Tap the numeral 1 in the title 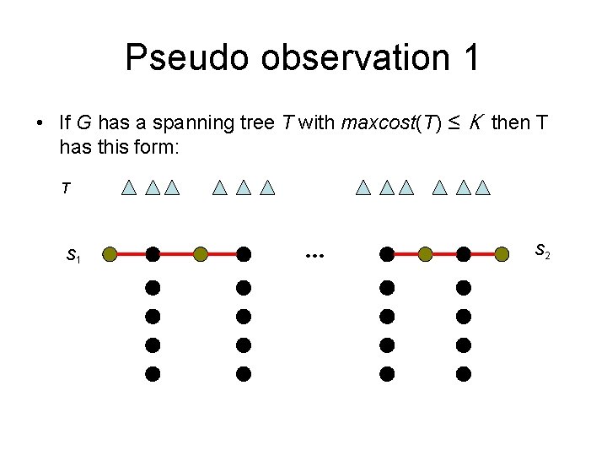click(x=470, y=58)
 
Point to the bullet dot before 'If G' click(x=40, y=123)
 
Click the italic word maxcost click(x=371, y=123)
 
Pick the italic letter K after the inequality click(x=475, y=123)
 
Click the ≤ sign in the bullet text click(x=454, y=123)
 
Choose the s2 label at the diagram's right click(x=543, y=250)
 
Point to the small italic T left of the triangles click(x=65, y=189)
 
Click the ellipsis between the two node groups click(x=315, y=253)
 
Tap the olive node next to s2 click(x=502, y=252)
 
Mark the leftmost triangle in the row click(x=128, y=187)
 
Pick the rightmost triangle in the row click(x=482, y=187)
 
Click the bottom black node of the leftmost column click(x=153, y=372)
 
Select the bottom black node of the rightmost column click(x=464, y=372)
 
